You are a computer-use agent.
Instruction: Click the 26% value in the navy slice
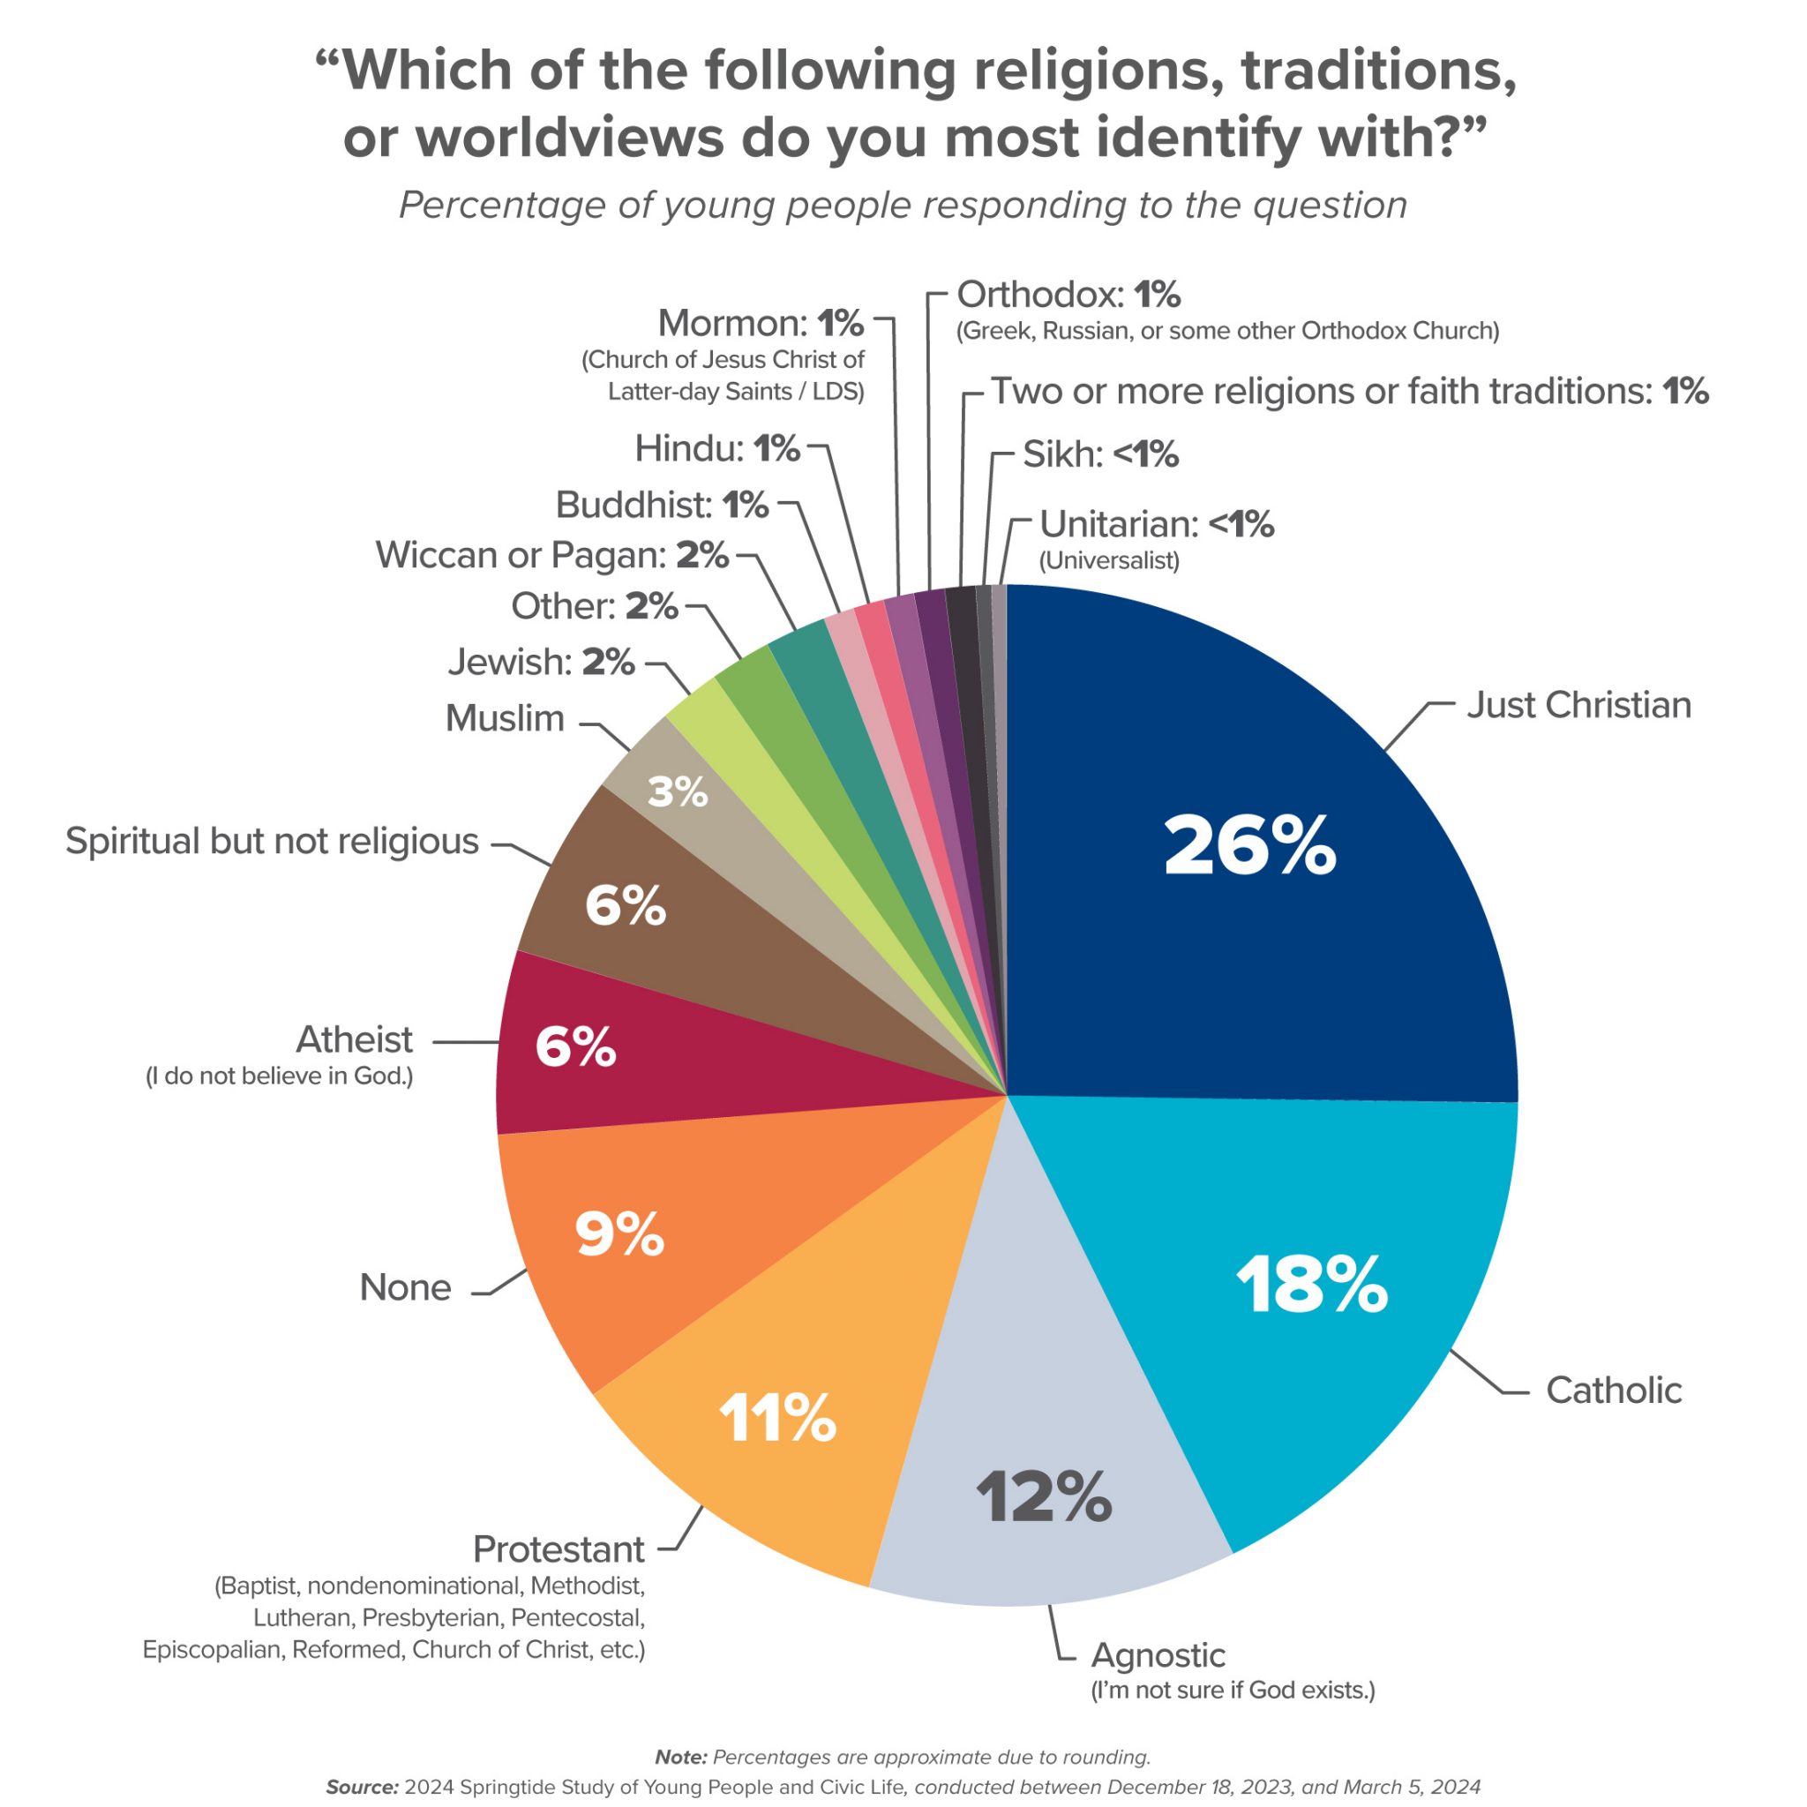[1249, 846]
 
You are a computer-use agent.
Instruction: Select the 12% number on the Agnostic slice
[1044, 1496]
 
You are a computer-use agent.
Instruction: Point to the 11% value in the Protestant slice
[777, 1418]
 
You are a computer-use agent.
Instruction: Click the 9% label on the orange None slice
[619, 1234]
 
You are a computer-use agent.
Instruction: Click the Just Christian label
[1578, 705]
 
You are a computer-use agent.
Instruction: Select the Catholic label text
[1614, 1390]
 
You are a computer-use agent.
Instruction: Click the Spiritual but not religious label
[272, 841]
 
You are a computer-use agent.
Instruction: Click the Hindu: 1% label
[717, 449]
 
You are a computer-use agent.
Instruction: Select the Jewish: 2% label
[541, 663]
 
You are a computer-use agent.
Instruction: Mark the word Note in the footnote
[680, 1757]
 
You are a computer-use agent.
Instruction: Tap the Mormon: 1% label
[761, 324]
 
